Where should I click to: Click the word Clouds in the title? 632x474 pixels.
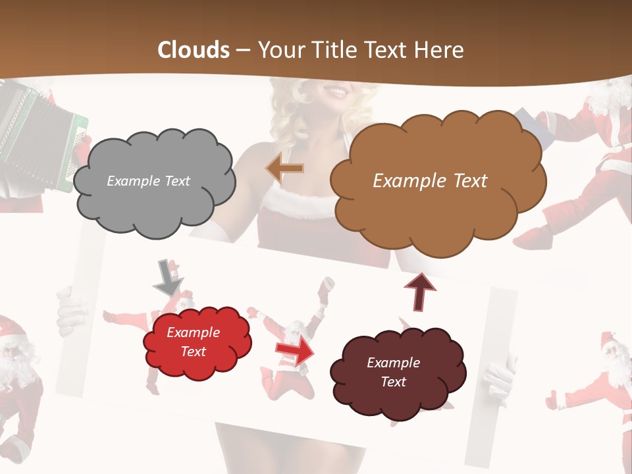pos(194,50)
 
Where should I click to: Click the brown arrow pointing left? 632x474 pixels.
pos(285,169)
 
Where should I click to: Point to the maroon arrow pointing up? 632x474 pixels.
pos(420,291)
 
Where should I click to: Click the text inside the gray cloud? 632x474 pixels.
pos(148,181)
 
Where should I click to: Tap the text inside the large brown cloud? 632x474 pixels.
pos(430,181)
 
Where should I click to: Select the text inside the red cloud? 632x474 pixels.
pos(193,342)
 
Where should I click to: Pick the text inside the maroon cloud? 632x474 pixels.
pos(393,372)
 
